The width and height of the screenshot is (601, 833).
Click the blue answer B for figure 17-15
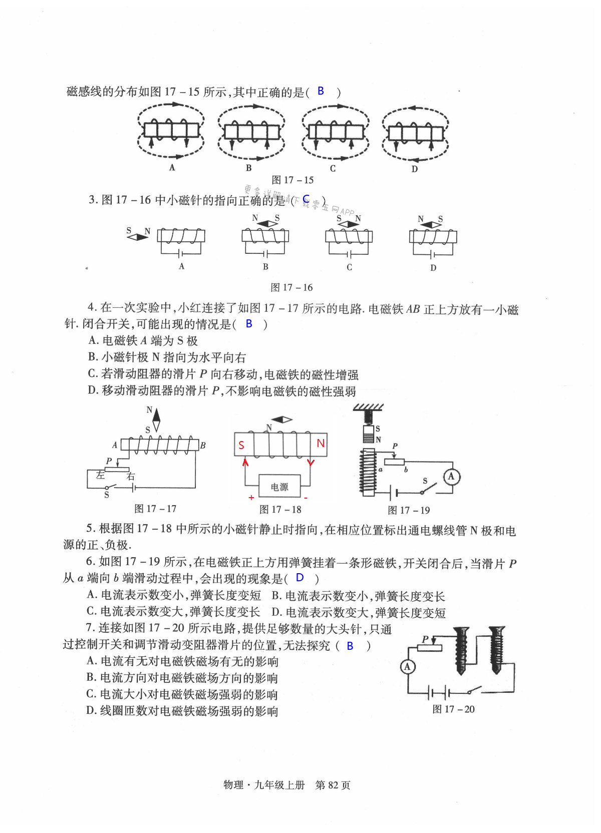(321, 91)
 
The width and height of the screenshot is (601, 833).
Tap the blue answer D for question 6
(300, 577)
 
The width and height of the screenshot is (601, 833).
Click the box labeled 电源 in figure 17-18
(279, 487)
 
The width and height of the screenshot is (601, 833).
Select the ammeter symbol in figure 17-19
(451, 476)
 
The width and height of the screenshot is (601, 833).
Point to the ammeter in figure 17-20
(408, 666)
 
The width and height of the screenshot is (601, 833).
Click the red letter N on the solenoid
(321, 443)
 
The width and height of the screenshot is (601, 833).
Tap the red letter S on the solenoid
(241, 445)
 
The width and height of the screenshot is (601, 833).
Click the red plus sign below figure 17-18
(251, 498)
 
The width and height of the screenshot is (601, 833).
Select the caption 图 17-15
(292, 180)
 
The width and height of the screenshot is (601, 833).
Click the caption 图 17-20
(453, 709)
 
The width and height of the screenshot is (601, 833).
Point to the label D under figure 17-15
(415, 169)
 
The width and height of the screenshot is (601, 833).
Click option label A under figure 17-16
(182, 266)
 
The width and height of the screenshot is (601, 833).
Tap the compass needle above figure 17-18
(281, 420)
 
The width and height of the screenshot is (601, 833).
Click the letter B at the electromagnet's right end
(203, 445)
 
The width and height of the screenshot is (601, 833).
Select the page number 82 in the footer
(333, 785)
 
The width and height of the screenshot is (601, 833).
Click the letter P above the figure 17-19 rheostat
(395, 446)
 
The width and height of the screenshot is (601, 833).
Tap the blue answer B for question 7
(350, 646)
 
